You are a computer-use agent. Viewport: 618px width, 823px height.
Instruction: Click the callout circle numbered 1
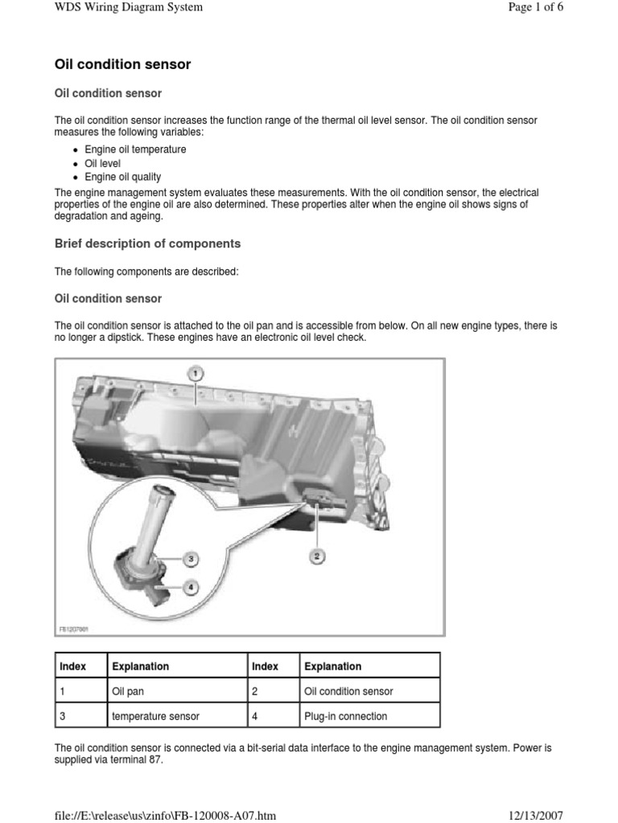pyautogui.click(x=195, y=373)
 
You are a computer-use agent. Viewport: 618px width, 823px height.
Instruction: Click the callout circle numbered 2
pyautogui.click(x=317, y=555)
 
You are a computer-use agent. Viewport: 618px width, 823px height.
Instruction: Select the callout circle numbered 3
pyautogui.click(x=192, y=559)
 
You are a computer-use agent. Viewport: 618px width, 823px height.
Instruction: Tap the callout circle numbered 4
pyautogui.click(x=191, y=588)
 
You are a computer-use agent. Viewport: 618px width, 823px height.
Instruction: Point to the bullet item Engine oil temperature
pyautogui.click(x=135, y=149)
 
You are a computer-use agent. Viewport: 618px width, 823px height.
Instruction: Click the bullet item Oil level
pyautogui.click(x=102, y=163)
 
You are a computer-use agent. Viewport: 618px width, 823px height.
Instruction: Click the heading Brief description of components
pyautogui.click(x=147, y=244)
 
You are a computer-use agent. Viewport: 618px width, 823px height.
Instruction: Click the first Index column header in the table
pyautogui.click(x=72, y=666)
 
